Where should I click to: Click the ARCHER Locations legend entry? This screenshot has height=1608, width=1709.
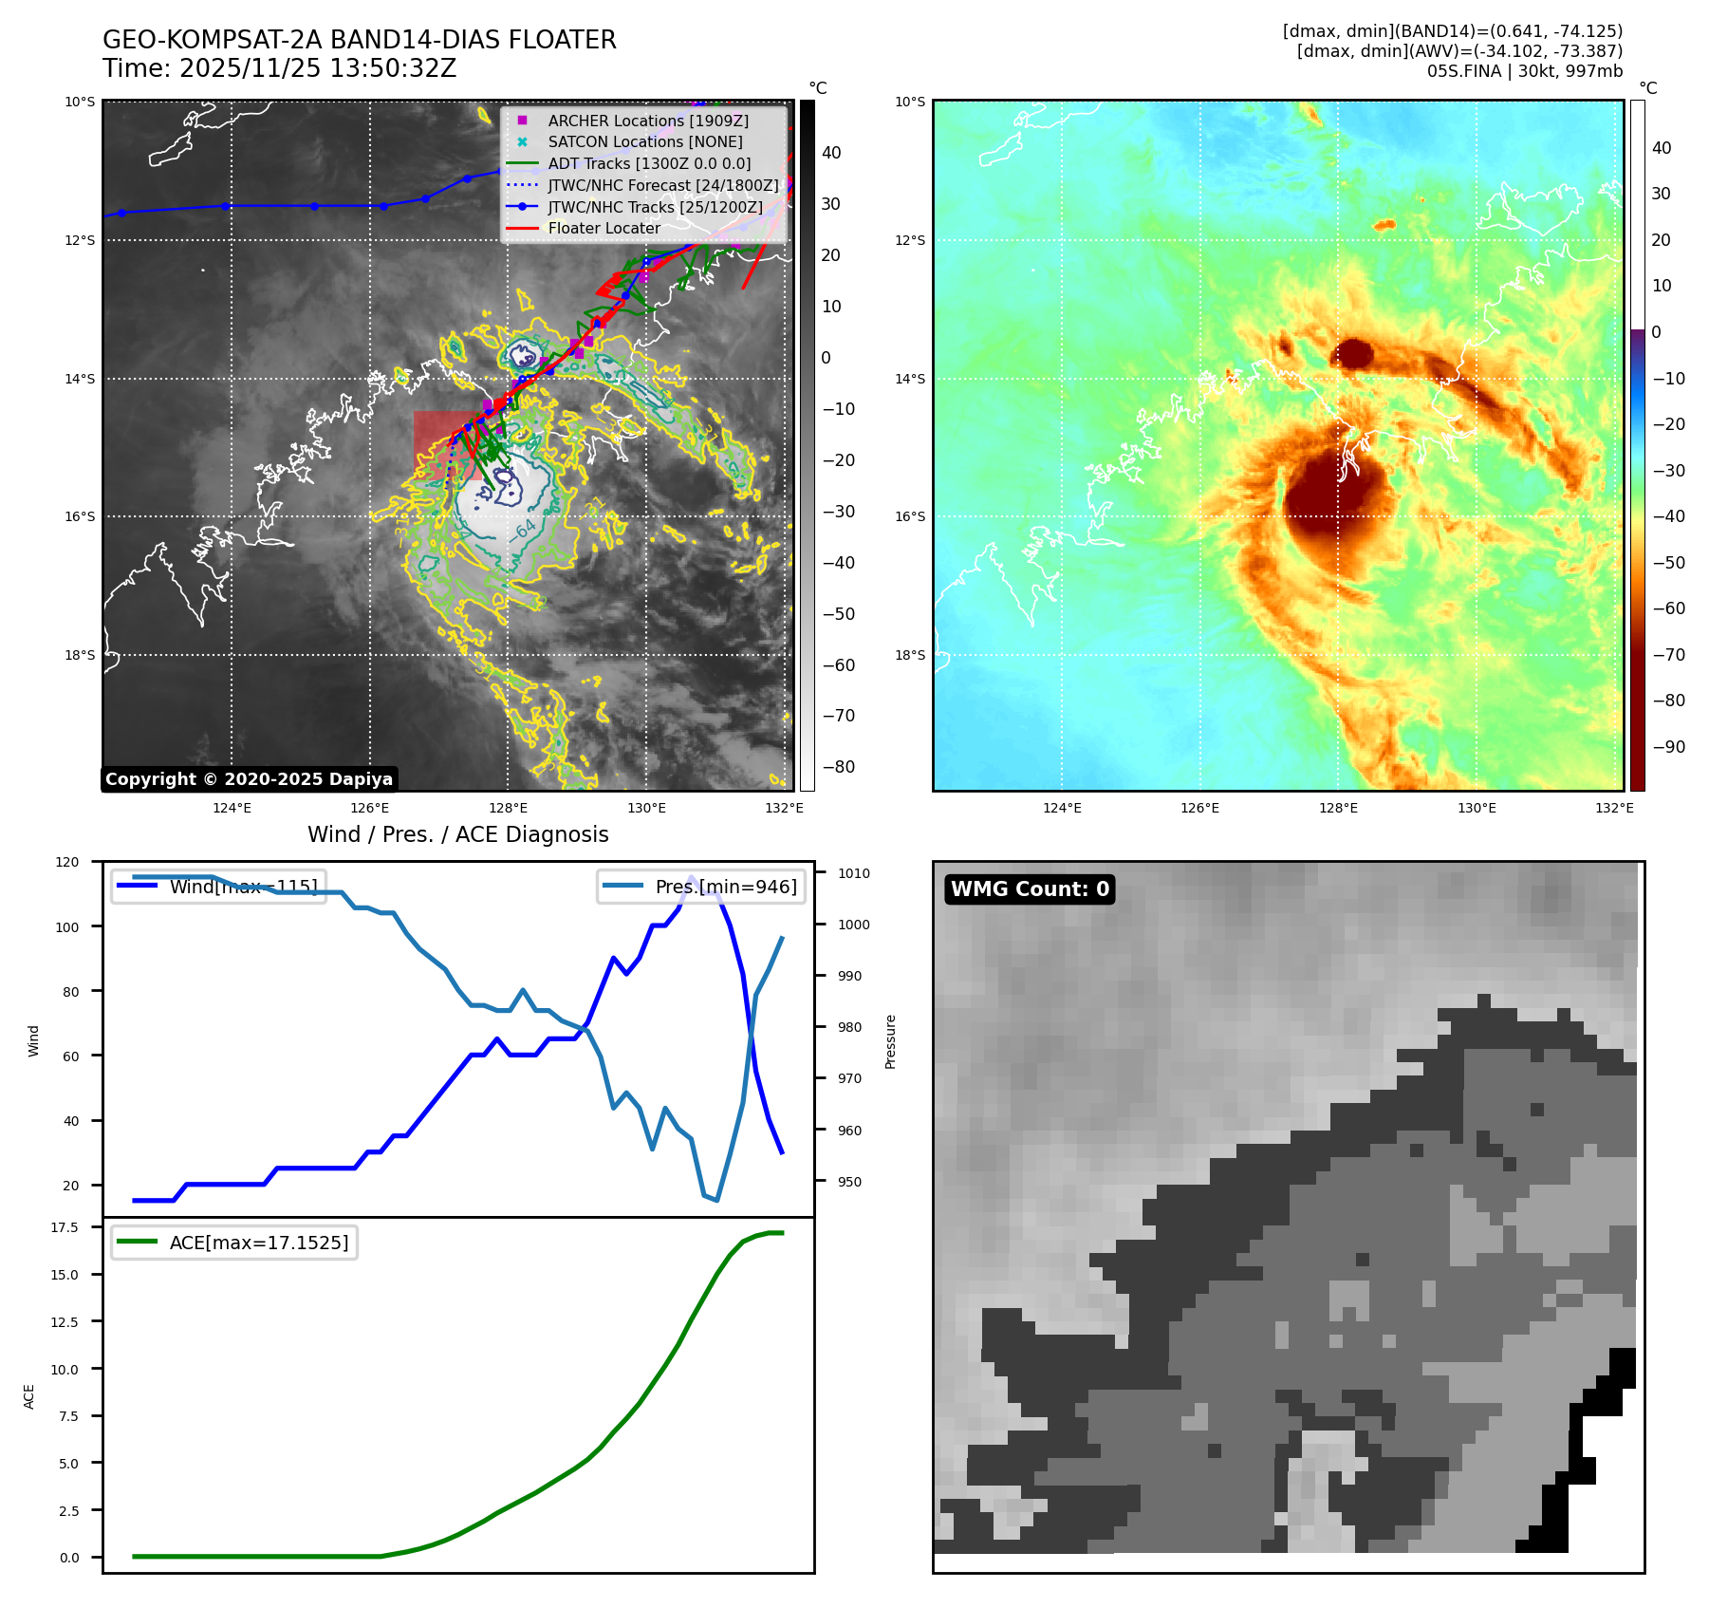648,121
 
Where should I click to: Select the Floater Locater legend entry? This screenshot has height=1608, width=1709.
604,228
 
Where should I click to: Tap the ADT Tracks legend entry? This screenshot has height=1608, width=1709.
649,163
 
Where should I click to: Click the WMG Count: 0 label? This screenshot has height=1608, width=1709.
1030,889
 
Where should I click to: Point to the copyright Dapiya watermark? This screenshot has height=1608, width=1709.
249,779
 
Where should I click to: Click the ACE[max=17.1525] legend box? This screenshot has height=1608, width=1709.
234,1243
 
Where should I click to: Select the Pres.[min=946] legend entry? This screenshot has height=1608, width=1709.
701,887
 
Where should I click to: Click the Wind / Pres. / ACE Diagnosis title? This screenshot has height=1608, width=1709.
457,834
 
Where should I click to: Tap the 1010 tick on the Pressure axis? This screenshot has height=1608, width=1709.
853,873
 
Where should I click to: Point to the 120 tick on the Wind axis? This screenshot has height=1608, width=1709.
67,862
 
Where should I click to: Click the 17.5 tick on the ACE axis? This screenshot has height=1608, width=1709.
65,1227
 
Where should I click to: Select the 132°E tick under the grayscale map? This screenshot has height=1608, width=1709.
784,808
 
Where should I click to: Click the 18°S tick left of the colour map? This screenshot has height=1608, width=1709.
910,655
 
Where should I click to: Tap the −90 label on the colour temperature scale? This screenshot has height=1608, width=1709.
1667,747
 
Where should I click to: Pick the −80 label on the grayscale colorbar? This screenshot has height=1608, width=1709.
838,767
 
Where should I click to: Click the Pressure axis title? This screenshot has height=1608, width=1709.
890,1041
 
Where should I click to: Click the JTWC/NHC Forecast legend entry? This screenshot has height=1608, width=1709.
662,185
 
